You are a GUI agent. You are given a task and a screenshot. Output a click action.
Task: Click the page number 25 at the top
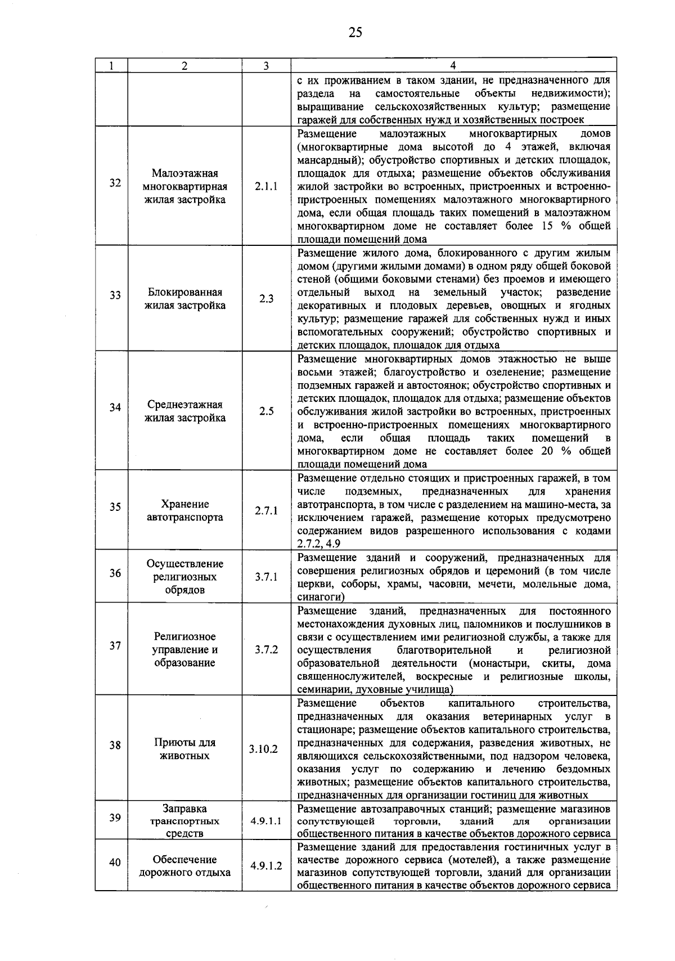click(354, 32)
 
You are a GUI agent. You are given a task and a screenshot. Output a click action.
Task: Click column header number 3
click(266, 65)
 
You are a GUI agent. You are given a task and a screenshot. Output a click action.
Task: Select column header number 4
click(453, 65)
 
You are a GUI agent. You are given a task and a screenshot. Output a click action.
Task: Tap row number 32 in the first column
click(115, 183)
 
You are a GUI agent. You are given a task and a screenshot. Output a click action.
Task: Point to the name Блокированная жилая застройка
click(185, 299)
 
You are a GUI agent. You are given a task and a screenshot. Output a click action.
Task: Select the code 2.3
click(266, 299)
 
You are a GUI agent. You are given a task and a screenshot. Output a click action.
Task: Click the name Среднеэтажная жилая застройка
click(185, 411)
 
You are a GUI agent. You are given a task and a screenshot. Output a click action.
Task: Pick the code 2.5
click(266, 411)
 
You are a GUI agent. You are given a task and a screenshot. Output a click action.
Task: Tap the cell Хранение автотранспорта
click(185, 511)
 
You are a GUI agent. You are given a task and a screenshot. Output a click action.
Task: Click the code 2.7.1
click(266, 511)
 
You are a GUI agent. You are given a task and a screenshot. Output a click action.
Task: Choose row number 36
click(115, 573)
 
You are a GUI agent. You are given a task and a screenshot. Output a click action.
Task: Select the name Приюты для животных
click(185, 749)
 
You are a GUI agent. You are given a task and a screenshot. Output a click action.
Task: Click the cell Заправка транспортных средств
click(185, 821)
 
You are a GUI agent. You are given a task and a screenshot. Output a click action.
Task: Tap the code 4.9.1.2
click(266, 866)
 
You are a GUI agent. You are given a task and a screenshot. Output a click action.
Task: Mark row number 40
click(115, 861)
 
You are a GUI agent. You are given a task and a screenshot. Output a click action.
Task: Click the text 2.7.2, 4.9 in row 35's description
click(319, 544)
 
